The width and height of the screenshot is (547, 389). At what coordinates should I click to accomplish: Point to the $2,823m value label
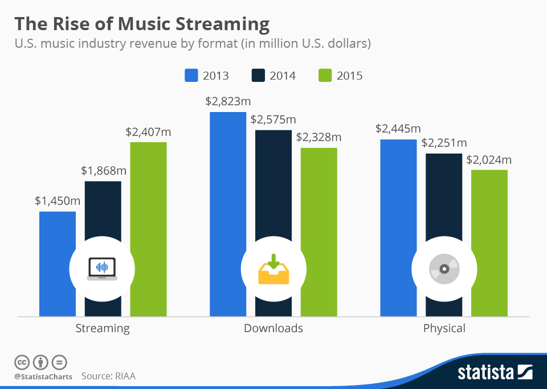tap(228, 102)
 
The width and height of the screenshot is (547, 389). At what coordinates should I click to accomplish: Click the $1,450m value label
tap(57, 201)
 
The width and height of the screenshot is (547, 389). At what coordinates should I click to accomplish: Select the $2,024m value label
tap(489, 160)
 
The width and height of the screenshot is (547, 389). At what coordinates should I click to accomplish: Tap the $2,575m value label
tap(273, 119)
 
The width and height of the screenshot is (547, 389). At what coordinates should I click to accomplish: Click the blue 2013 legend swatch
tap(191, 76)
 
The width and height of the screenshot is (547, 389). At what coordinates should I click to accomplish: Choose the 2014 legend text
tap(283, 76)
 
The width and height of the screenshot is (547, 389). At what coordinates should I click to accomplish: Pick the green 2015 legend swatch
tap(325, 76)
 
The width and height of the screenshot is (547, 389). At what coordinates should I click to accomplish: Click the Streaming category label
tap(103, 328)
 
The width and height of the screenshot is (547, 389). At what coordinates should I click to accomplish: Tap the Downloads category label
tap(273, 328)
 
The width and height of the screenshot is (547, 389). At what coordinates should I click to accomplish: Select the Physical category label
tap(444, 328)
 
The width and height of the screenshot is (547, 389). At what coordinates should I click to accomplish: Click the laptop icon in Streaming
tap(102, 268)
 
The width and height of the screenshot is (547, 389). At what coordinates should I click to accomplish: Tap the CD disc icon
tap(444, 268)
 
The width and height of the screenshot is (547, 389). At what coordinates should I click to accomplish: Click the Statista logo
tap(495, 373)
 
